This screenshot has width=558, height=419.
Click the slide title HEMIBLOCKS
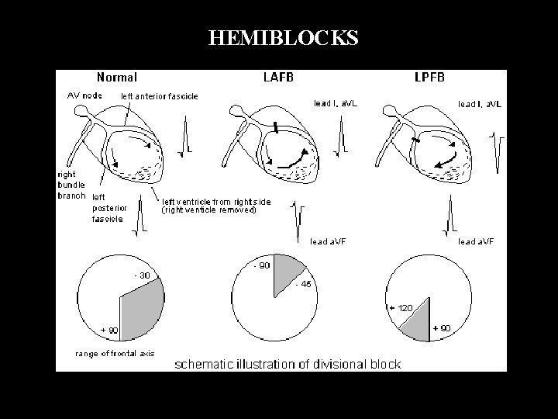tap(283, 38)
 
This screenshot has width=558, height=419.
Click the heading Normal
tap(117, 77)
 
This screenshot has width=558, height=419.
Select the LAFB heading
tap(281, 77)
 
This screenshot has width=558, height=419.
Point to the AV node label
tap(81, 95)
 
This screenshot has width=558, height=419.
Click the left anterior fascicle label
tap(160, 96)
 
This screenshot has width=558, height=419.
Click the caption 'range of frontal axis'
tap(115, 353)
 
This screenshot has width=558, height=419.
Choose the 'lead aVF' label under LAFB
tap(328, 241)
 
